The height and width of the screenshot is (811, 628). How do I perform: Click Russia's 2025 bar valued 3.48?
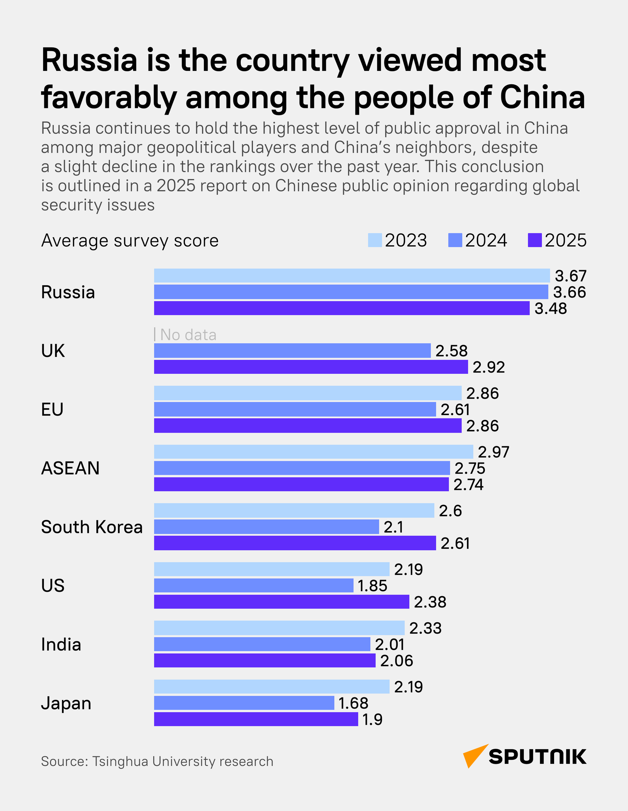(x=342, y=308)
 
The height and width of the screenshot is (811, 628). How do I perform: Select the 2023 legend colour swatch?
(x=375, y=240)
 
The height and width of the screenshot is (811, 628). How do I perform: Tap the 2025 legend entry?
(x=557, y=240)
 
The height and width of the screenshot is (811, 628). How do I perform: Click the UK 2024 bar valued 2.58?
(x=292, y=350)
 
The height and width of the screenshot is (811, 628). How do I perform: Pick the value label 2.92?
(x=489, y=367)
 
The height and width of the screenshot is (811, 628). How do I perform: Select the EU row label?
(x=52, y=409)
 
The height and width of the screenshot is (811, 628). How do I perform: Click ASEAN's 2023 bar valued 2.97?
(x=313, y=452)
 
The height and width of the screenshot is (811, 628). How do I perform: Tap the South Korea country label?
(x=92, y=527)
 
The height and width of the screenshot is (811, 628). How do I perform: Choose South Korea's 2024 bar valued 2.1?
(x=266, y=526)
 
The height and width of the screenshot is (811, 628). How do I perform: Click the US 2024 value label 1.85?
(x=372, y=586)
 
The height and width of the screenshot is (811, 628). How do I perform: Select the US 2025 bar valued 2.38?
(x=281, y=602)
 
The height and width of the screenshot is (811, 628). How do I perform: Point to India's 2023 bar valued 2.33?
(x=279, y=628)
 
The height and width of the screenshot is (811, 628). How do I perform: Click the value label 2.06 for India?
(x=396, y=661)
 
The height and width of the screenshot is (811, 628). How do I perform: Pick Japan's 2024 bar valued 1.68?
(x=244, y=703)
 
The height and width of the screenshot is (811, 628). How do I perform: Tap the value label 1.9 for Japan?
(x=372, y=719)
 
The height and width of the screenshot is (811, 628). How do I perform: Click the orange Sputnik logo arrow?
(x=474, y=755)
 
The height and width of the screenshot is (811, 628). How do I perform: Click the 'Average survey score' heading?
(x=130, y=241)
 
